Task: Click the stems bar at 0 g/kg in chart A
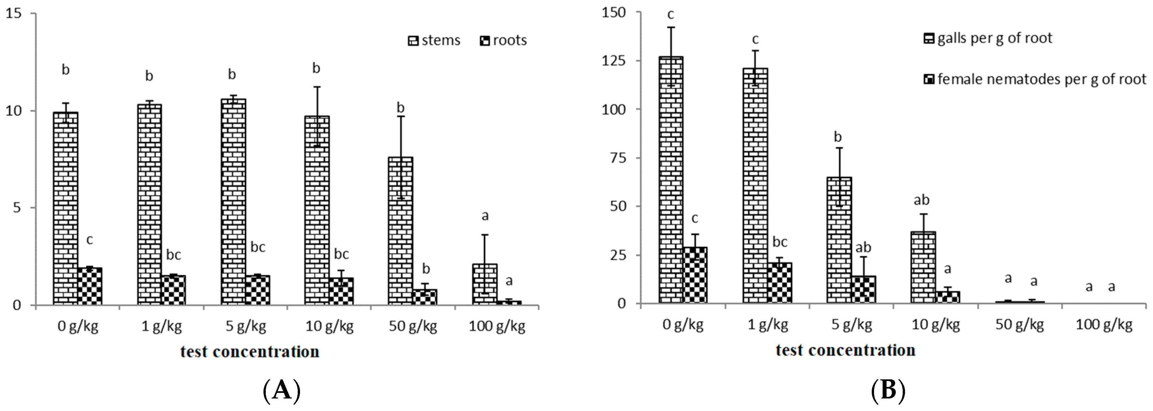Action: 65,208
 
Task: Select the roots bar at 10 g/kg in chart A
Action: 341,291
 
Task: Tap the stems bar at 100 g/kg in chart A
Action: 485,284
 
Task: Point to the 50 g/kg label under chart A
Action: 412,326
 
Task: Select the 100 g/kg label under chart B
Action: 1104,325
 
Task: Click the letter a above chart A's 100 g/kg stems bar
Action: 485,216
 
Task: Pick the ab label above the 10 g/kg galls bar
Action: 921,200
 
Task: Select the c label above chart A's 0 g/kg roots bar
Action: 90,240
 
